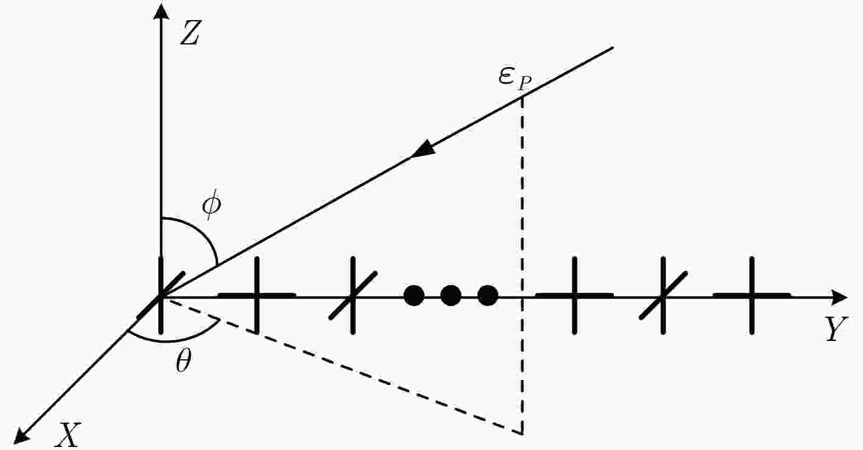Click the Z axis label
(190, 33)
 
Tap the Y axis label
(836, 329)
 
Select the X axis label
(68, 435)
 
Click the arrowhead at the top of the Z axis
(161, 11)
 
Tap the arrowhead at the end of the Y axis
(839, 297)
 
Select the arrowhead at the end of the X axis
(23, 435)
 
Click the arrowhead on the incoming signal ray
(424, 149)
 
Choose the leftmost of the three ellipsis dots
(414, 295)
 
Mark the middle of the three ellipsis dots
(451, 295)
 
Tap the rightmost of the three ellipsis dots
(488, 295)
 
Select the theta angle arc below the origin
(169, 340)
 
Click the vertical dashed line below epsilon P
(523, 266)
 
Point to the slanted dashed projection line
(343, 367)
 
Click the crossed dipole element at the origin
(161, 296)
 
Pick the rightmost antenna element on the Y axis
(752, 295)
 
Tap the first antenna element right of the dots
(574, 295)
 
